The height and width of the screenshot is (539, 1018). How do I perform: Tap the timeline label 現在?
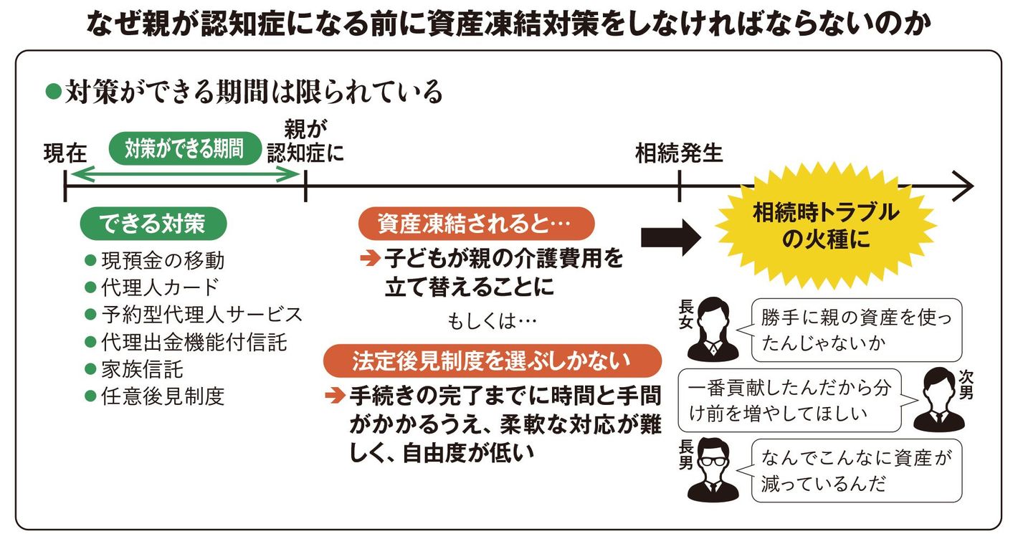click(x=65, y=154)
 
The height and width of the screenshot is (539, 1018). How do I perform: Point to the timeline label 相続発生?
click(x=679, y=153)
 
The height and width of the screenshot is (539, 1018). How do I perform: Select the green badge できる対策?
click(x=153, y=224)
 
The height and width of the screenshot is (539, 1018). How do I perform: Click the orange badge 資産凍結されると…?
click(x=476, y=224)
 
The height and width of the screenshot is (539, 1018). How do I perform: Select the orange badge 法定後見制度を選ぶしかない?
click(x=492, y=361)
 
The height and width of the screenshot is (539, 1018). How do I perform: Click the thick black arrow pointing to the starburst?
click(x=670, y=237)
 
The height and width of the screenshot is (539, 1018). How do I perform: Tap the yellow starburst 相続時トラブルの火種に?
click(x=825, y=226)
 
